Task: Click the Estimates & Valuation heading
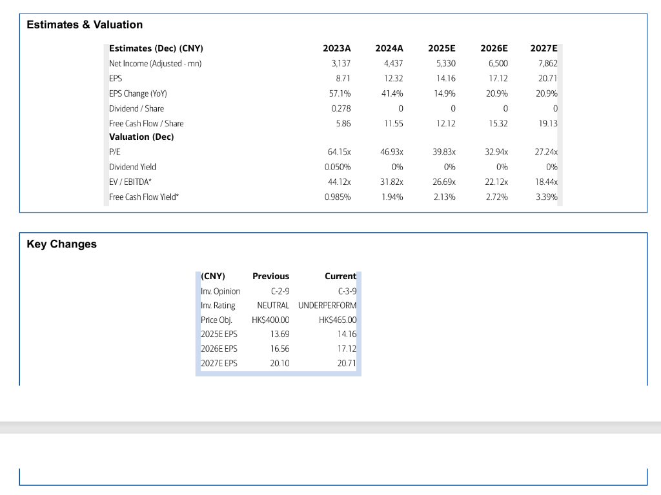[85, 25]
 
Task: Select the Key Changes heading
[61, 244]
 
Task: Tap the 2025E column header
[442, 48]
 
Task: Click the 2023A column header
[337, 48]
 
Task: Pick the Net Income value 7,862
[547, 64]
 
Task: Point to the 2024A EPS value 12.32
[393, 79]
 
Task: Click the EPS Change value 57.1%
[340, 93]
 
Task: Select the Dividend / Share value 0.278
[341, 108]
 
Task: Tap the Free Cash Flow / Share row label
[147, 124]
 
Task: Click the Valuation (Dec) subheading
[141, 137]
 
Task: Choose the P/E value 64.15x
[340, 152]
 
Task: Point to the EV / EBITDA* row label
[130, 182]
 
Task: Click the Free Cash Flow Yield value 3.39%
[547, 197]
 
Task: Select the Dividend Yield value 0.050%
[338, 167]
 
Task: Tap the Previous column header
[271, 276]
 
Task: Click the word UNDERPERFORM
[327, 306]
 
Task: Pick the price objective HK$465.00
[338, 320]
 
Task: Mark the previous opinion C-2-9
[280, 291]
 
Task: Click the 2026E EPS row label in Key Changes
[219, 349]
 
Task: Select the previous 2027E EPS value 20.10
[280, 364]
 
